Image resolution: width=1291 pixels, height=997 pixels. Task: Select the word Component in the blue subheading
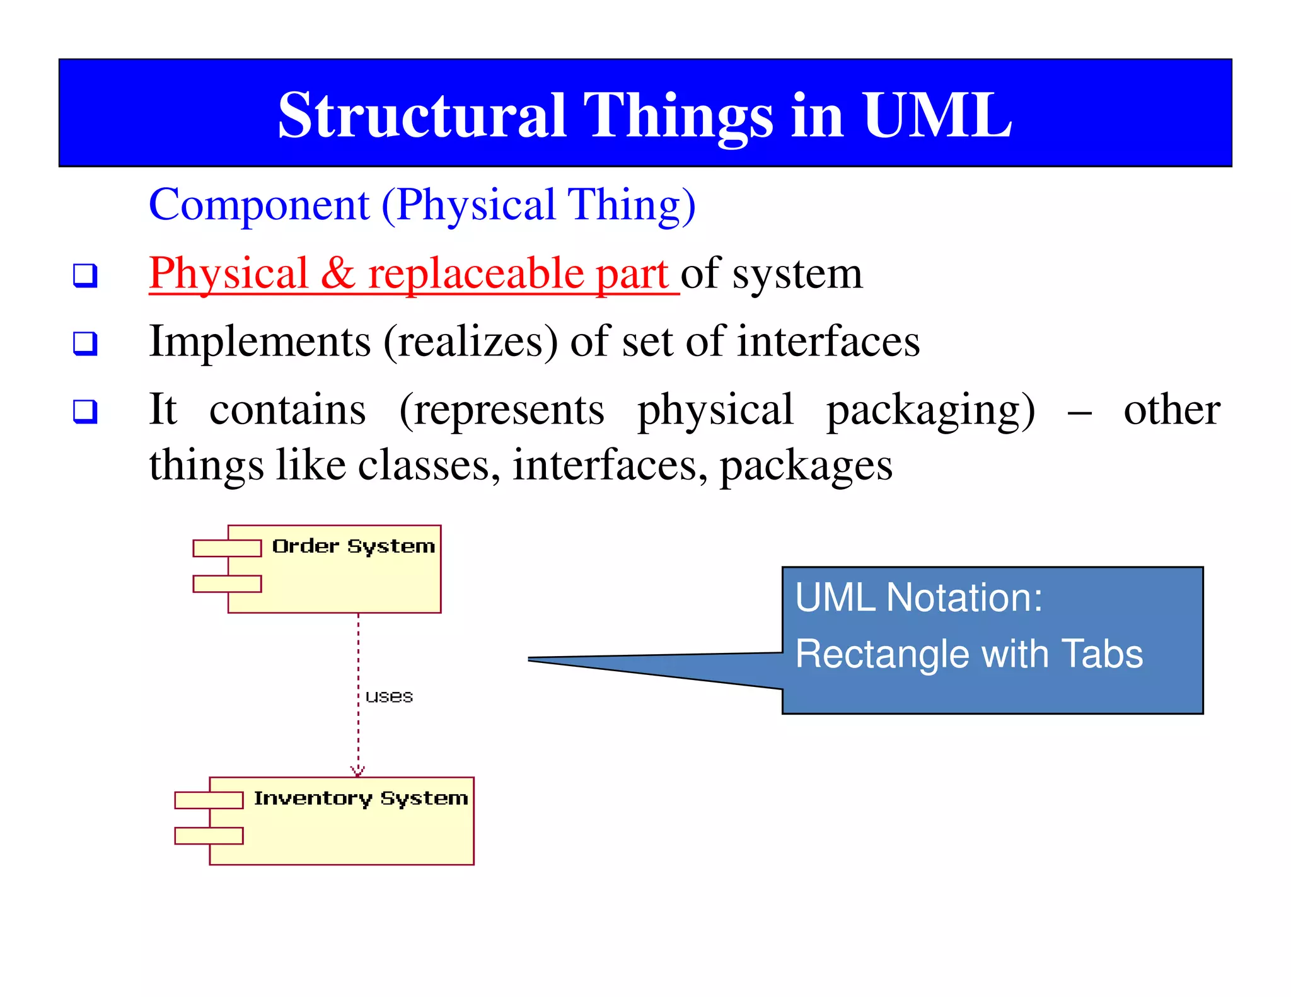click(x=258, y=205)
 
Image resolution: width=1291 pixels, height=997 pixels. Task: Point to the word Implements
click(x=260, y=342)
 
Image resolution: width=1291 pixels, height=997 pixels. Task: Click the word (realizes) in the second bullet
click(x=470, y=342)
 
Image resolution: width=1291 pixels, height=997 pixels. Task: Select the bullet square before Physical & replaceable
click(x=85, y=275)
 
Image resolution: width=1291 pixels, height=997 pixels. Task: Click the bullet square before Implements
click(x=85, y=343)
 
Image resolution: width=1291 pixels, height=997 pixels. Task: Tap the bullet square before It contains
click(x=85, y=412)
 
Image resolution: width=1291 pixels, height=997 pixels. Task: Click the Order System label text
click(x=353, y=546)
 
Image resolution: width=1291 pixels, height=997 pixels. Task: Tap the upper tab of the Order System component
click(x=226, y=548)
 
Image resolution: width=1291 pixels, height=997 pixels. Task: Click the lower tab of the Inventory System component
click(x=208, y=836)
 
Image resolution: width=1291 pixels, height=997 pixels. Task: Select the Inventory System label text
click(x=361, y=798)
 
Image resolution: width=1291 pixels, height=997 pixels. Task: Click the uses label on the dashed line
click(x=389, y=696)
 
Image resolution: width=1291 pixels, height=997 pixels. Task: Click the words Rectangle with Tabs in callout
click(x=968, y=654)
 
